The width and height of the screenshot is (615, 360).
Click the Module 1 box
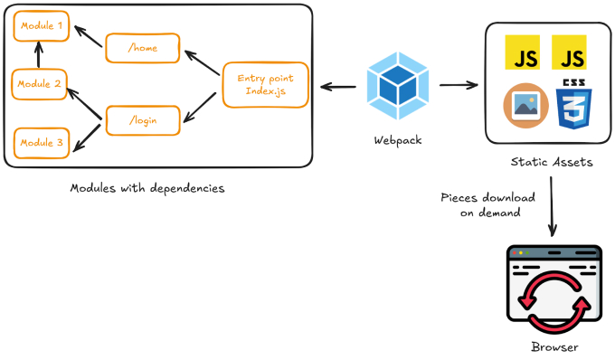(x=42, y=27)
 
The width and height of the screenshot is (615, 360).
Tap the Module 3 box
(x=42, y=142)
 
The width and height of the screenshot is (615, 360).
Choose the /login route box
(x=142, y=120)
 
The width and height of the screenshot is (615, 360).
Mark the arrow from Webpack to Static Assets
(x=459, y=87)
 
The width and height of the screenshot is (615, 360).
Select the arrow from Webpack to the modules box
(x=337, y=87)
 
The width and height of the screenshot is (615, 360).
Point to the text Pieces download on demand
(x=487, y=204)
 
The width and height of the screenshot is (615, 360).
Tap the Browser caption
(x=553, y=348)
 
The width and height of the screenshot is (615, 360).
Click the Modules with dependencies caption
(x=147, y=188)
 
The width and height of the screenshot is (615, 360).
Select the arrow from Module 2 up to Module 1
(x=39, y=56)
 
